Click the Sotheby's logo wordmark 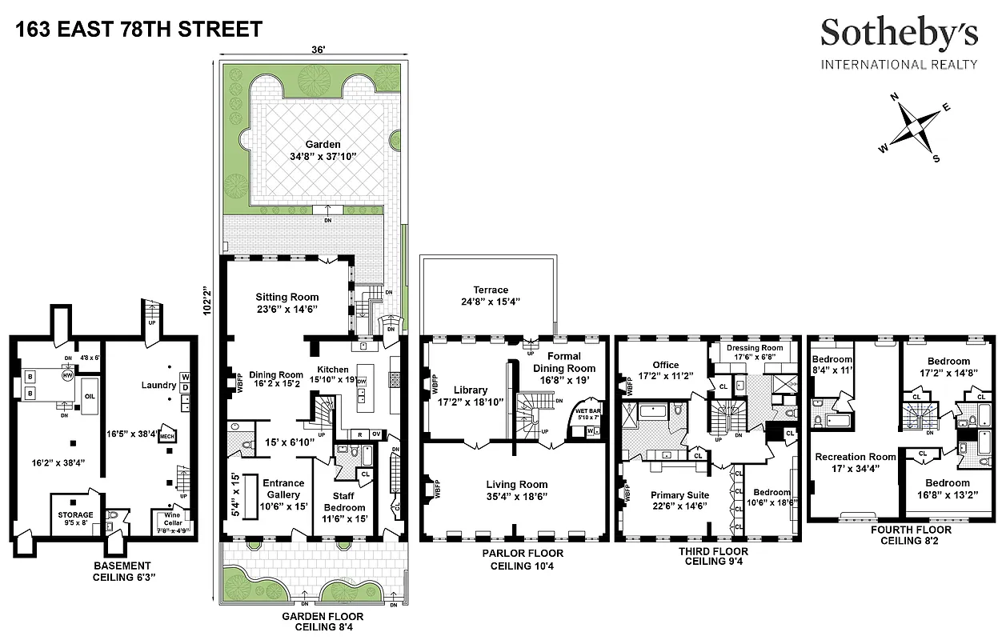[x=899, y=34]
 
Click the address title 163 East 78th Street [x=138, y=30]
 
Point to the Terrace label [x=491, y=290]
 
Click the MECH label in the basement [x=167, y=437]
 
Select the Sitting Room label [x=287, y=297]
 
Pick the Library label [x=470, y=390]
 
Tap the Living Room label [x=517, y=484]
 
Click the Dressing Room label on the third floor [x=754, y=348]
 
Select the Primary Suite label [x=679, y=495]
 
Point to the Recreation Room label [x=855, y=458]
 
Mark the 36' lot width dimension [x=318, y=50]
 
